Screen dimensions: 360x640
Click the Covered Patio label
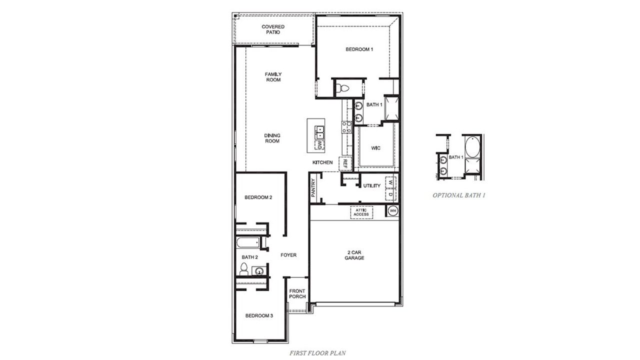(273, 29)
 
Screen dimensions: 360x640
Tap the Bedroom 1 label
(359, 49)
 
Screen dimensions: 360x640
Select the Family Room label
(273, 77)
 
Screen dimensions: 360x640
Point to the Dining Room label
(272, 138)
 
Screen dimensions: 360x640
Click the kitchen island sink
(319, 132)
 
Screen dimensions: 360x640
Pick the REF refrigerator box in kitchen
(345, 163)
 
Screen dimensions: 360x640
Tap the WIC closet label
(376, 148)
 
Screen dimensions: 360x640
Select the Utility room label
(372, 186)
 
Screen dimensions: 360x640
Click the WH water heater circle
(392, 210)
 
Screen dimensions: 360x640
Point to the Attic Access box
(361, 212)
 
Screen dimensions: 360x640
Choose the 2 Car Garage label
(354, 255)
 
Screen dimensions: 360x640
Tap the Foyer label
(288, 255)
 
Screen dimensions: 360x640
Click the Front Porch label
(297, 294)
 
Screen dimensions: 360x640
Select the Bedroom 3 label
(258, 315)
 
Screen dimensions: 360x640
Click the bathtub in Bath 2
(248, 243)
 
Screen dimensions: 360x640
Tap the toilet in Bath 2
(244, 269)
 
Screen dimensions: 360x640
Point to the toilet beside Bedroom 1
(343, 88)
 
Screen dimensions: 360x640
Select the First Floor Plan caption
(317, 353)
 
